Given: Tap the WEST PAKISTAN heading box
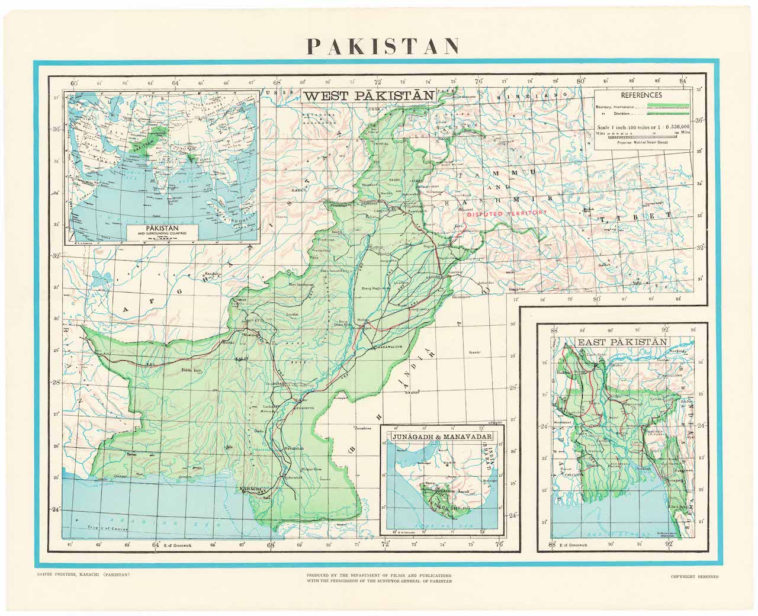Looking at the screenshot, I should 369,95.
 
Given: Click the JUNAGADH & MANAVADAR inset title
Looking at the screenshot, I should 442,437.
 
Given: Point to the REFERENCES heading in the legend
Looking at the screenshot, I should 641,95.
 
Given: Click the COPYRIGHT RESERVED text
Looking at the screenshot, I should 694,576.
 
